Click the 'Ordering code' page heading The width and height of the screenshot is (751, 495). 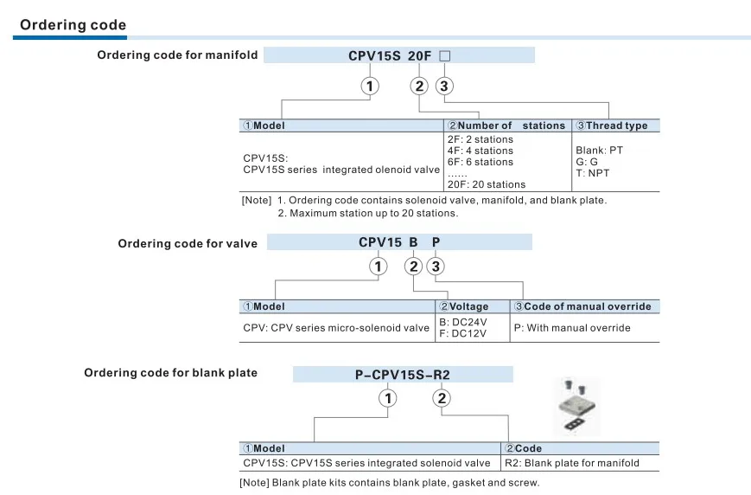tap(73, 24)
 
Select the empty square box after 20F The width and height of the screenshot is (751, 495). tap(444, 56)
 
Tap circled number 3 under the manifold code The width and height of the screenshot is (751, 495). tap(444, 86)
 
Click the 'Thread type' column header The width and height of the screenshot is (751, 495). tap(612, 125)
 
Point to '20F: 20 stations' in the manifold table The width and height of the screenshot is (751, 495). tap(487, 184)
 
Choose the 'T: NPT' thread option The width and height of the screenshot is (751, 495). tap(593, 173)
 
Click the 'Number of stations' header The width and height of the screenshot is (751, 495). tap(506, 125)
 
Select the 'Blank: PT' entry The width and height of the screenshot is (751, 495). tap(599, 150)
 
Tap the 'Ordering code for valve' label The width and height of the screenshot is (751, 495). tap(188, 244)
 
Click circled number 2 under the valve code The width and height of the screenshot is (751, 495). tap(413, 267)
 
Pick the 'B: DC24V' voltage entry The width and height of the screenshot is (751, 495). tap(462, 322)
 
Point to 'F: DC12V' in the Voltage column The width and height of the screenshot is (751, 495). tap(462, 333)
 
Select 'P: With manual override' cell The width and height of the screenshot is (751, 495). tap(572, 328)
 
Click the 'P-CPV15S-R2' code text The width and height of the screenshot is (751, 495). tap(403, 375)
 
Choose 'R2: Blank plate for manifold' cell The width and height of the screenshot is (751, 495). tap(572, 463)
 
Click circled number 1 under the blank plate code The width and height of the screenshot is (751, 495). tap(387, 398)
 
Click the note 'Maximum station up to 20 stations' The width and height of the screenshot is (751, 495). tap(368, 213)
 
